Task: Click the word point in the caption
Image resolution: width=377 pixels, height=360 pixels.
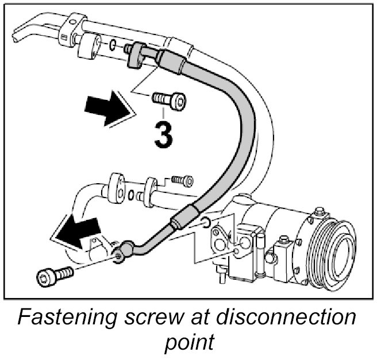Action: [x=188, y=343]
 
